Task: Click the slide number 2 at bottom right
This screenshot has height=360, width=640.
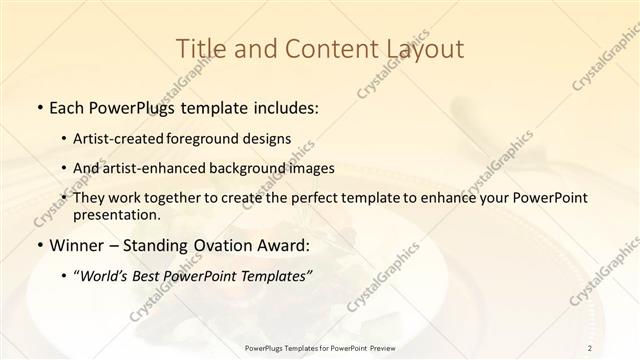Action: [x=590, y=347]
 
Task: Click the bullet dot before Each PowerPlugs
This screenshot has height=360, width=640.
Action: [x=39, y=106]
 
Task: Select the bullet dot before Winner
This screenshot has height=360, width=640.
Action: [x=39, y=246]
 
